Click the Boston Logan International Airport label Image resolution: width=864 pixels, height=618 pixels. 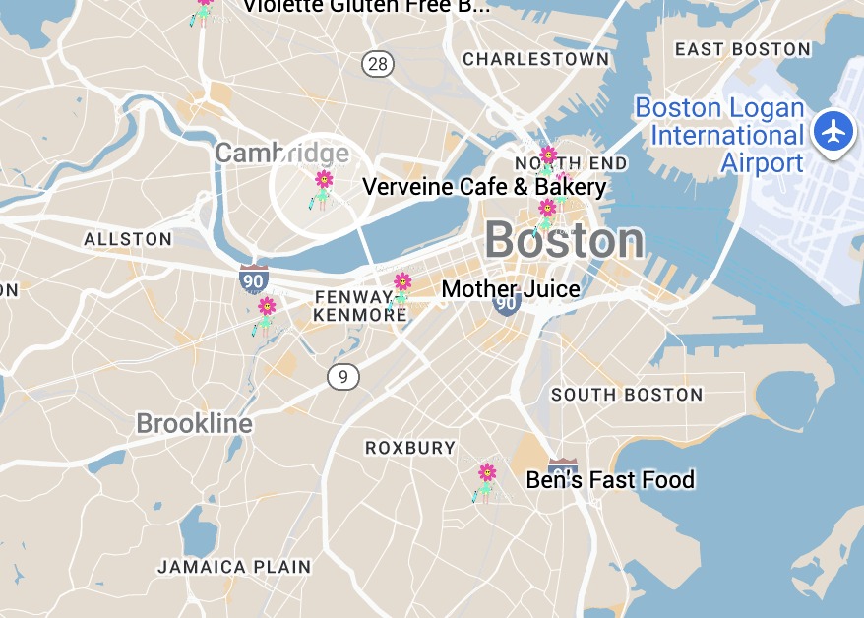coord(719,135)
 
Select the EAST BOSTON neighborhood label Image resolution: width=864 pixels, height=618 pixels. coord(743,49)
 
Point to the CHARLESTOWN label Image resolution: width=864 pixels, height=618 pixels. coord(536,59)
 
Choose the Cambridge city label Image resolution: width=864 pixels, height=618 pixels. coord(281,154)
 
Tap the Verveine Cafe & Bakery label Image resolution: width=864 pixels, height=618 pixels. coord(484,187)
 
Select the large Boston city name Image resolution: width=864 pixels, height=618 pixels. coord(564,241)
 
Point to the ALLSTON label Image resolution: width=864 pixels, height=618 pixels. coord(128,239)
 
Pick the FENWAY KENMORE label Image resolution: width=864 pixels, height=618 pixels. coord(353,306)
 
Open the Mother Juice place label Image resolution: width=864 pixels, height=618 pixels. coord(511,289)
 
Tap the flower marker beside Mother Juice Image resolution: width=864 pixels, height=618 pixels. coord(401,289)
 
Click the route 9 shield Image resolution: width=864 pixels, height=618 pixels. coord(343,375)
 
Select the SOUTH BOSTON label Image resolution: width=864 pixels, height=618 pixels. coord(627,395)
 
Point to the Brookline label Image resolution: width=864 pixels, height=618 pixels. coord(195,424)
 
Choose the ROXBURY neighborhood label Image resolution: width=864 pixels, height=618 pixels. coord(410,448)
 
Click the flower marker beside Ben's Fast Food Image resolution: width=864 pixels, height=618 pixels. coord(486,481)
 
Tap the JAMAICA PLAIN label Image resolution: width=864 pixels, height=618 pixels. coord(234,567)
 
